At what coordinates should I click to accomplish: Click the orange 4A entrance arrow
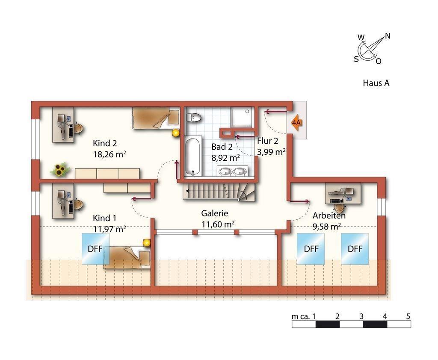pos(297,122)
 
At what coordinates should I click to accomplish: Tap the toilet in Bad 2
pos(194,117)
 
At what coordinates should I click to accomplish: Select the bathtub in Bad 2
pos(193,156)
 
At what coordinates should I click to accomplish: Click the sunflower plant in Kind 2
pos(59,169)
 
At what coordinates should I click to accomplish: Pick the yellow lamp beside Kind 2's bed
pos(175,133)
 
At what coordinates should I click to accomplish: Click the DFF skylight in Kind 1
pos(95,248)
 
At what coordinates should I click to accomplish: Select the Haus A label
pos(376,83)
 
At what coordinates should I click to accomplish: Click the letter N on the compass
pos(388,36)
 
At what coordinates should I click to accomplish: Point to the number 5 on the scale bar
pos(408,316)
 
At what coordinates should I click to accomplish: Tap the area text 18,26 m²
pos(109,154)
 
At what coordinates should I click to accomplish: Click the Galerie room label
pos(215,213)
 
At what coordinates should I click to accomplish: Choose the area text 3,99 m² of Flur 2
pos(271,152)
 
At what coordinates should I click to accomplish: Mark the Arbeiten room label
pos(329,215)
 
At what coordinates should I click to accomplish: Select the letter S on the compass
pos(356,59)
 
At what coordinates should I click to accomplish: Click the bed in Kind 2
pos(156,118)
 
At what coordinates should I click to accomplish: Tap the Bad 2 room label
pos(222,147)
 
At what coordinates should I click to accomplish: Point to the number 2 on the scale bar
pos(337,316)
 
